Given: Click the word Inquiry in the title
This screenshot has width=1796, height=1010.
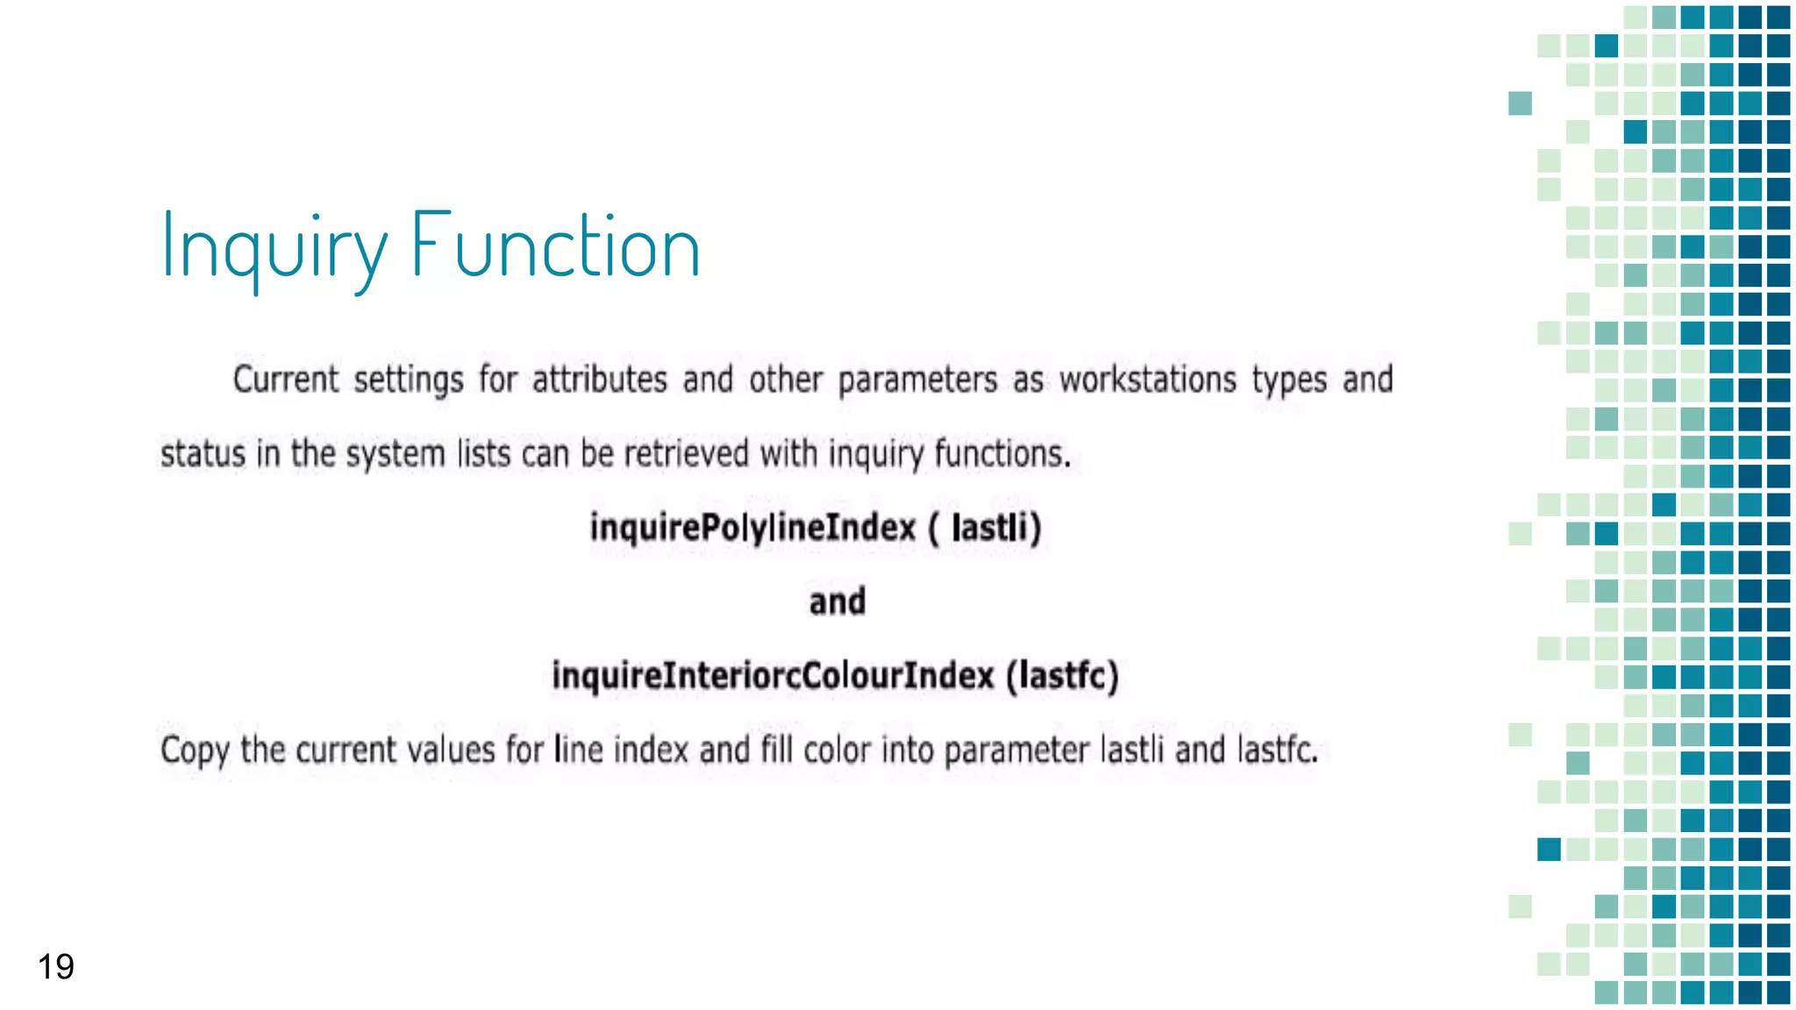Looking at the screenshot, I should [274, 248].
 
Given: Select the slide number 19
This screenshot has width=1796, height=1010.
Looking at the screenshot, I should [55, 967].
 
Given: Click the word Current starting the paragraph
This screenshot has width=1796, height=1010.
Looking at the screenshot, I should [286, 380].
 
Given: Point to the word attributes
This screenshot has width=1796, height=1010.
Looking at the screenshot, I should [600, 380].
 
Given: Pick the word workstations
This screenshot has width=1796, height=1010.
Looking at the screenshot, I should [1148, 380].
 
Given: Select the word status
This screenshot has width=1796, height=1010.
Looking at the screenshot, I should [203, 454].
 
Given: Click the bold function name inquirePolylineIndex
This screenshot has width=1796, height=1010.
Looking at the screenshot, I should [753, 528].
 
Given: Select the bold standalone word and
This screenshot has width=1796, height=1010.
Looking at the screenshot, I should [837, 602].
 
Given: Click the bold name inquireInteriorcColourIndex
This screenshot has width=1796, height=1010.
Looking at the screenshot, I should [773, 676].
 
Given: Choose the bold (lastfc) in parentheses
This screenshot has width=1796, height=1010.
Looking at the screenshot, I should [1062, 676].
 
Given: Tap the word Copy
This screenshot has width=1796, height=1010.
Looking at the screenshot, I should [194, 751].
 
